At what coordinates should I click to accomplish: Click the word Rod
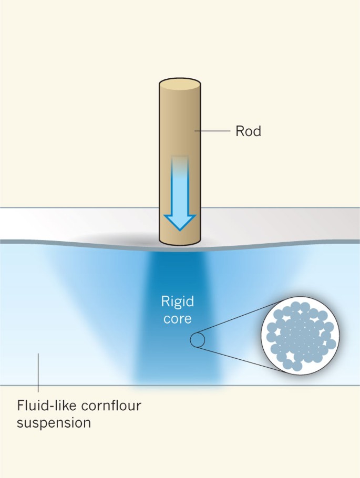pyautogui.click(x=248, y=131)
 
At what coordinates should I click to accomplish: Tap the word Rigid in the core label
pyautogui.click(x=177, y=302)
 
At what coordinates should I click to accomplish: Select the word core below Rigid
pyautogui.click(x=177, y=319)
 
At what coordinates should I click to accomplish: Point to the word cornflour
pyautogui.click(x=111, y=406)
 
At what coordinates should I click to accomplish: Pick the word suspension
pyautogui.click(x=54, y=424)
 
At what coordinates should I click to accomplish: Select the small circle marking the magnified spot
pyautogui.click(x=197, y=340)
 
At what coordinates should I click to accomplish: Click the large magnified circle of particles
pyautogui.click(x=300, y=336)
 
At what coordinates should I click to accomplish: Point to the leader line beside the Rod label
pyautogui.click(x=213, y=131)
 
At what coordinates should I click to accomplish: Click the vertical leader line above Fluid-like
pyautogui.click(x=38, y=372)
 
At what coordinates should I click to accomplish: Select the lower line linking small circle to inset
pyautogui.click(x=240, y=359)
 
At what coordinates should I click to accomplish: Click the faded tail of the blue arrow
pyautogui.click(x=180, y=166)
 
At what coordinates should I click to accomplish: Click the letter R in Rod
pyautogui.click(x=239, y=131)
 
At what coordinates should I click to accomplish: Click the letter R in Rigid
pyautogui.click(x=164, y=301)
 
